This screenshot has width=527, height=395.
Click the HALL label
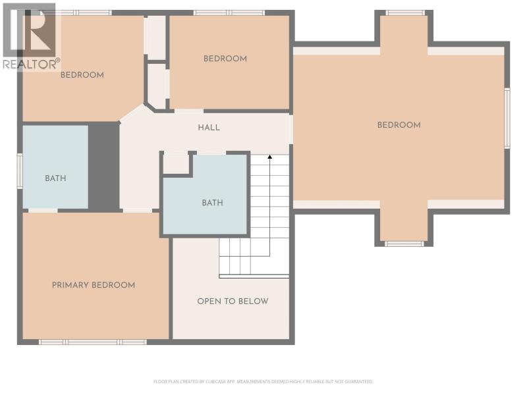pyautogui.click(x=209, y=128)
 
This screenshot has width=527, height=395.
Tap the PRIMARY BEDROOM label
pyautogui.click(x=94, y=285)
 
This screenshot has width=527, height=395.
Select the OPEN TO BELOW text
pyautogui.click(x=233, y=302)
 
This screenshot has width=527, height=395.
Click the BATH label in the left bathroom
pyautogui.click(x=55, y=178)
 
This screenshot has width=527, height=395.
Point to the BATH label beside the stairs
pyautogui.click(x=212, y=203)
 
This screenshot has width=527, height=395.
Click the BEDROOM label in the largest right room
pyautogui.click(x=399, y=125)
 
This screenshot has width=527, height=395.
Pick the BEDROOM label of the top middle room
pyautogui.click(x=225, y=59)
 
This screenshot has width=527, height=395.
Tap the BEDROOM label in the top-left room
pyautogui.click(x=82, y=75)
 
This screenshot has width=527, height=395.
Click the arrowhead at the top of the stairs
pyautogui.click(x=269, y=157)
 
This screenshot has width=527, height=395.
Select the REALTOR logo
pyautogui.click(x=30, y=36)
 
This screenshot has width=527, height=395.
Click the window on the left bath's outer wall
pyautogui.click(x=20, y=171)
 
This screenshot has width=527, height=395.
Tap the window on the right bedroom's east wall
pyautogui.click(x=507, y=118)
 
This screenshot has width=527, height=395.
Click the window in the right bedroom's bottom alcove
pyautogui.click(x=404, y=244)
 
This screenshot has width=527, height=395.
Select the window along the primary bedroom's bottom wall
pyautogui.click(x=93, y=342)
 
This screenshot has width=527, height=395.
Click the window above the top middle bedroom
pyautogui.click(x=229, y=13)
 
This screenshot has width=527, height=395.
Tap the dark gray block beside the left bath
pyautogui.click(x=103, y=167)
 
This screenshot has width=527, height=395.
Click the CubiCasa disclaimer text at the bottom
pyautogui.click(x=263, y=382)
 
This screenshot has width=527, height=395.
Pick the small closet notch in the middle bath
pyautogui.click(x=176, y=163)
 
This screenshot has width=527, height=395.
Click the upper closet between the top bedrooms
pyautogui.click(x=155, y=35)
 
